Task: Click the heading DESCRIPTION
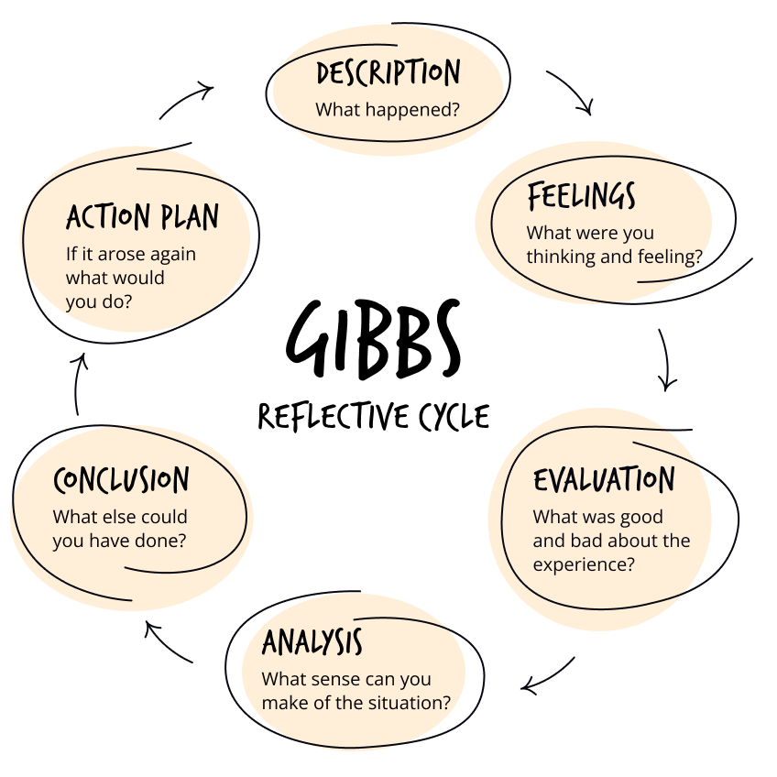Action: pos(388,73)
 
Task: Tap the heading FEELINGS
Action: pos(581,196)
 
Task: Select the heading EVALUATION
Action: pos(604,479)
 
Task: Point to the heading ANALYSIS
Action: pos(312,642)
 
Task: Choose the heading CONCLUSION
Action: pos(121,480)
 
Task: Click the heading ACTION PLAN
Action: pos(143,217)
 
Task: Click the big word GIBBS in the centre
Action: pos(373,340)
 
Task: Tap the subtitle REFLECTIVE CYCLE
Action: pos(373,417)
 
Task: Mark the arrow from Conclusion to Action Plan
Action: pos(80,383)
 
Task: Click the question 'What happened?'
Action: pos(387,109)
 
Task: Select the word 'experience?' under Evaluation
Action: pos(583,564)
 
